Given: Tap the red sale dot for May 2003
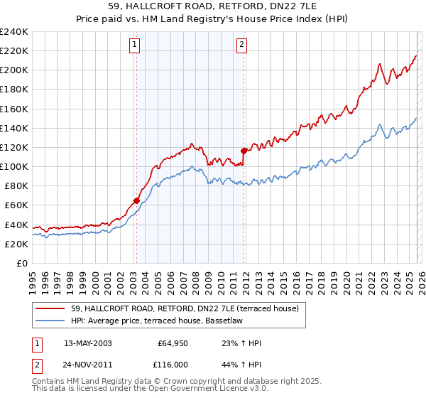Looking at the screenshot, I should point(136,200).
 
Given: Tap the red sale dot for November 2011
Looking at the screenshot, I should point(244,151).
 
